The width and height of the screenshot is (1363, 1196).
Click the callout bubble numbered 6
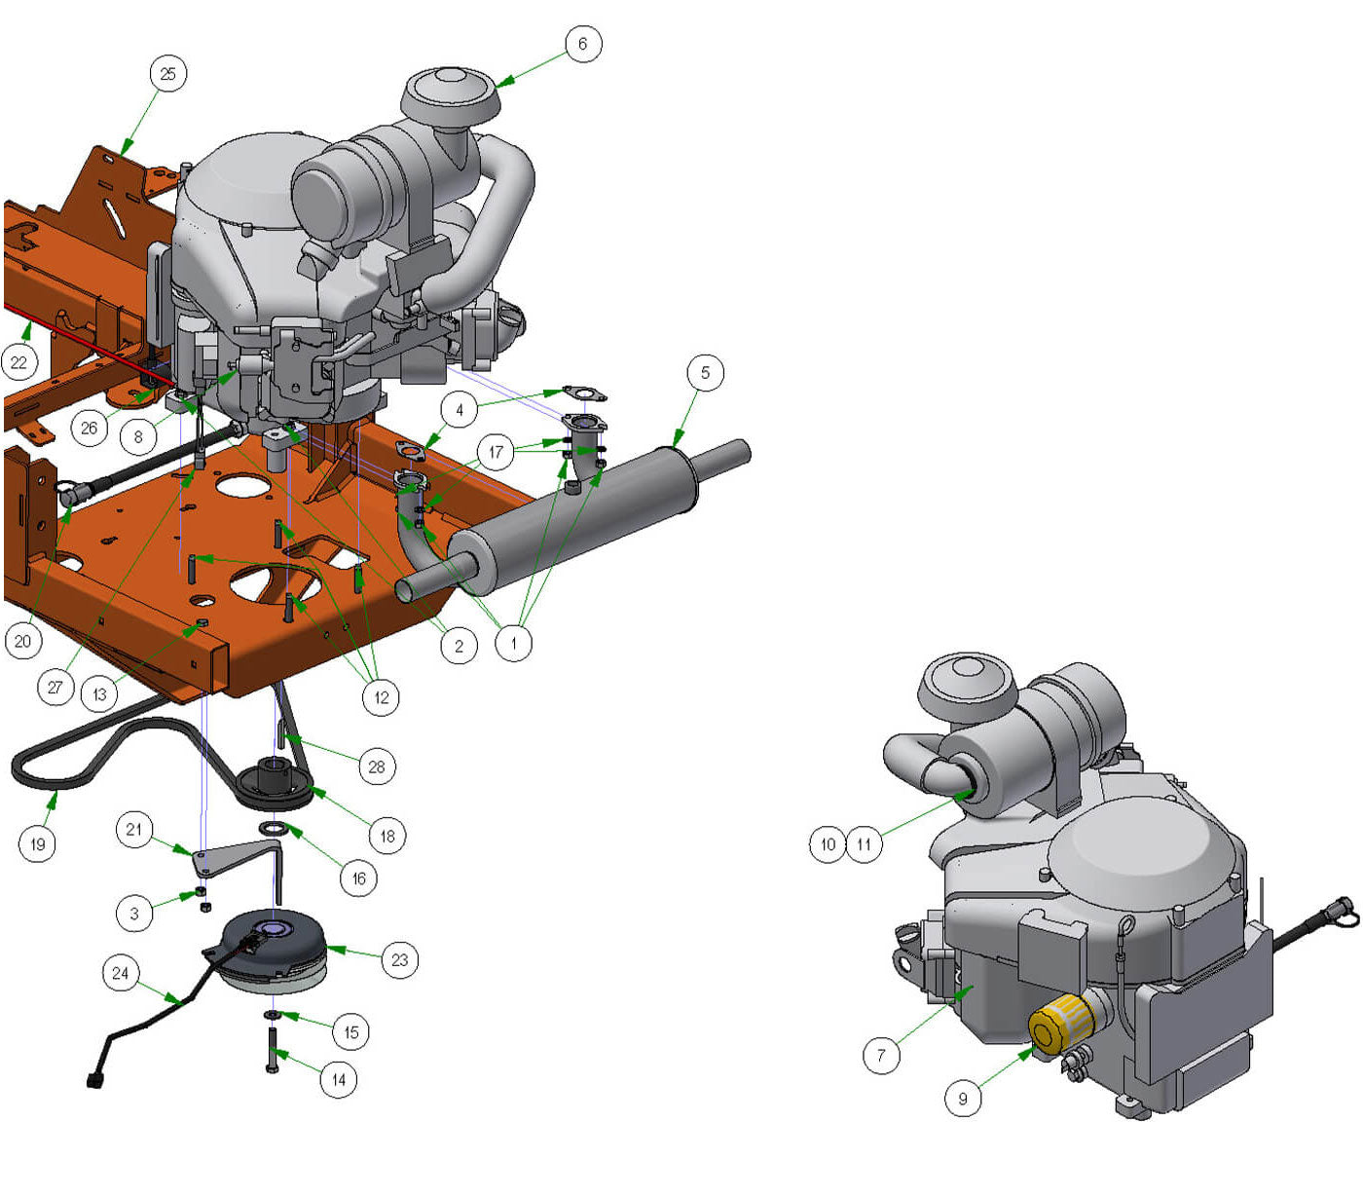[582, 44]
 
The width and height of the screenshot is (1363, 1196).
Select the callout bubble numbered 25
[167, 73]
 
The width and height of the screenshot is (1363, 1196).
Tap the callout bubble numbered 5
[704, 372]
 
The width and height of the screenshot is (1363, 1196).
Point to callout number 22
[18, 362]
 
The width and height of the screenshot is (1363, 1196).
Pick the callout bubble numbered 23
[399, 959]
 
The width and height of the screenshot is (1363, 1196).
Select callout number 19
[37, 843]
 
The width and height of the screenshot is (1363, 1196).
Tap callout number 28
[376, 766]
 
